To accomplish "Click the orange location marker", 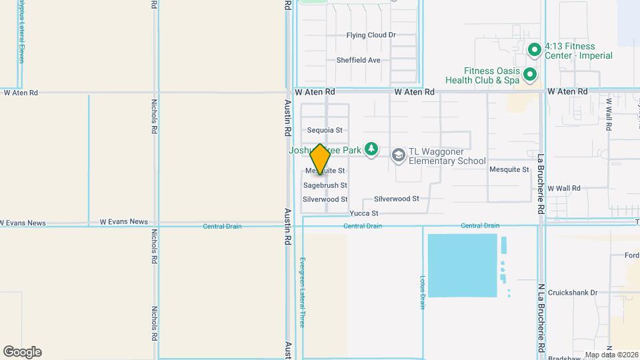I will (320, 159).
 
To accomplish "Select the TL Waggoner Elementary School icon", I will (399, 155).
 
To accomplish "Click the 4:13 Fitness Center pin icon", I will (533, 50).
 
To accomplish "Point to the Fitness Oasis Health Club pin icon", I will (530, 75).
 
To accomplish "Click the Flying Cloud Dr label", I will (371, 35).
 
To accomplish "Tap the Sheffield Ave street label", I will (358, 60).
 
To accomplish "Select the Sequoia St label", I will (325, 131).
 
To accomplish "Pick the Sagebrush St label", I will (325, 185).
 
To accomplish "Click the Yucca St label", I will (364, 213).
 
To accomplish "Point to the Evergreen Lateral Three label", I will (302, 292).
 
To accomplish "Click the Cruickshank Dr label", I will (573, 293).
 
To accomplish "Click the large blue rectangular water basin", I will (462, 265).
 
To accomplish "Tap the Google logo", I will (22, 352).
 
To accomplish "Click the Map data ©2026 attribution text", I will (611, 355).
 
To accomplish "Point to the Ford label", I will (632, 256).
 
